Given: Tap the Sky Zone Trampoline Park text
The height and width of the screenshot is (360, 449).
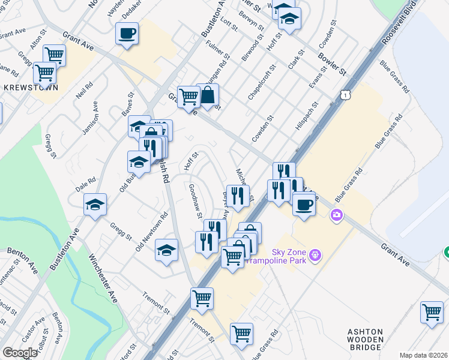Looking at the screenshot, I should (281, 256).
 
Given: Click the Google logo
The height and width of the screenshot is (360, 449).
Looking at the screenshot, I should (19, 353).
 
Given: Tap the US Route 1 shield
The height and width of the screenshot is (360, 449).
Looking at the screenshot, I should (344, 95).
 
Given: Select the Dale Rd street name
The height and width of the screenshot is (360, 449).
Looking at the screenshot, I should (86, 184).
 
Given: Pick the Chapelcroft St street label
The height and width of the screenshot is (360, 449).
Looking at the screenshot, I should (262, 80).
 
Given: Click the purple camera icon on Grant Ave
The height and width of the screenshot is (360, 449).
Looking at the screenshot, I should (337, 214).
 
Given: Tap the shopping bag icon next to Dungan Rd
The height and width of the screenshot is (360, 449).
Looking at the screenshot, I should (208, 95).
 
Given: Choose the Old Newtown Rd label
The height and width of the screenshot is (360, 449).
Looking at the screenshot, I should (152, 231).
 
